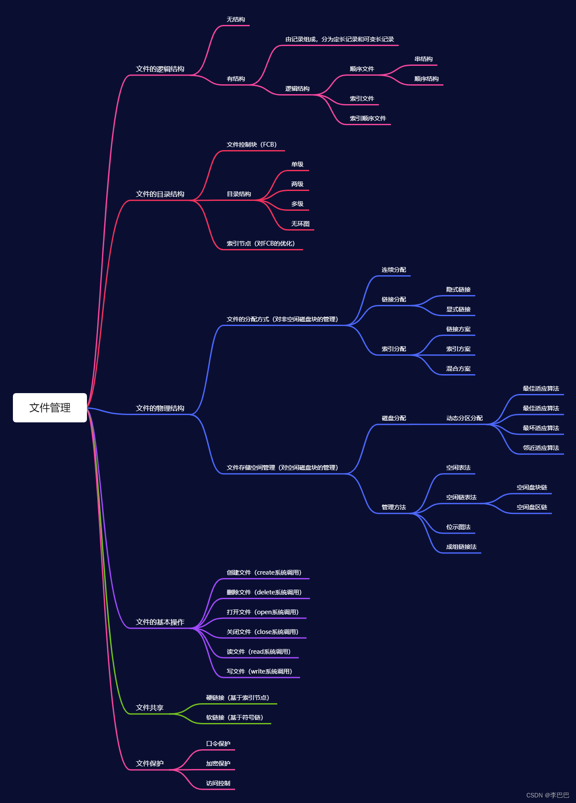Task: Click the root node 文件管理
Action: [50, 408]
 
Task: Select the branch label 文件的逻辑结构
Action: [160, 69]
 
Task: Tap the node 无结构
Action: [235, 19]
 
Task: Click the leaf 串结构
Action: [423, 59]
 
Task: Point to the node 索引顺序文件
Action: [368, 118]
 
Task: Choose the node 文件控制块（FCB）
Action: [251, 145]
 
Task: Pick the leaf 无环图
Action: [300, 224]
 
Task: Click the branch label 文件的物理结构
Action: [160, 408]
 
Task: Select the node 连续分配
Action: [393, 270]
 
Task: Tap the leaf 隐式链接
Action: [458, 289]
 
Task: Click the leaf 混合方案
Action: [458, 369]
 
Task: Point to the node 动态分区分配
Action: [464, 418]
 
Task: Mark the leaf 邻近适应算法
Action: [541, 448]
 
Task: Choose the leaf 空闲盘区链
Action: [532, 507]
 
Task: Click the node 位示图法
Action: [458, 527]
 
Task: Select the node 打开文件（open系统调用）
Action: [263, 612]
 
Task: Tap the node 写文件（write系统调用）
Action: [259, 671]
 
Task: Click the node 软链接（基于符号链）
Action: [234, 717]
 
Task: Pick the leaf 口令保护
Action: [218, 744]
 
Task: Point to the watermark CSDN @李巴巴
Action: [548, 795]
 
